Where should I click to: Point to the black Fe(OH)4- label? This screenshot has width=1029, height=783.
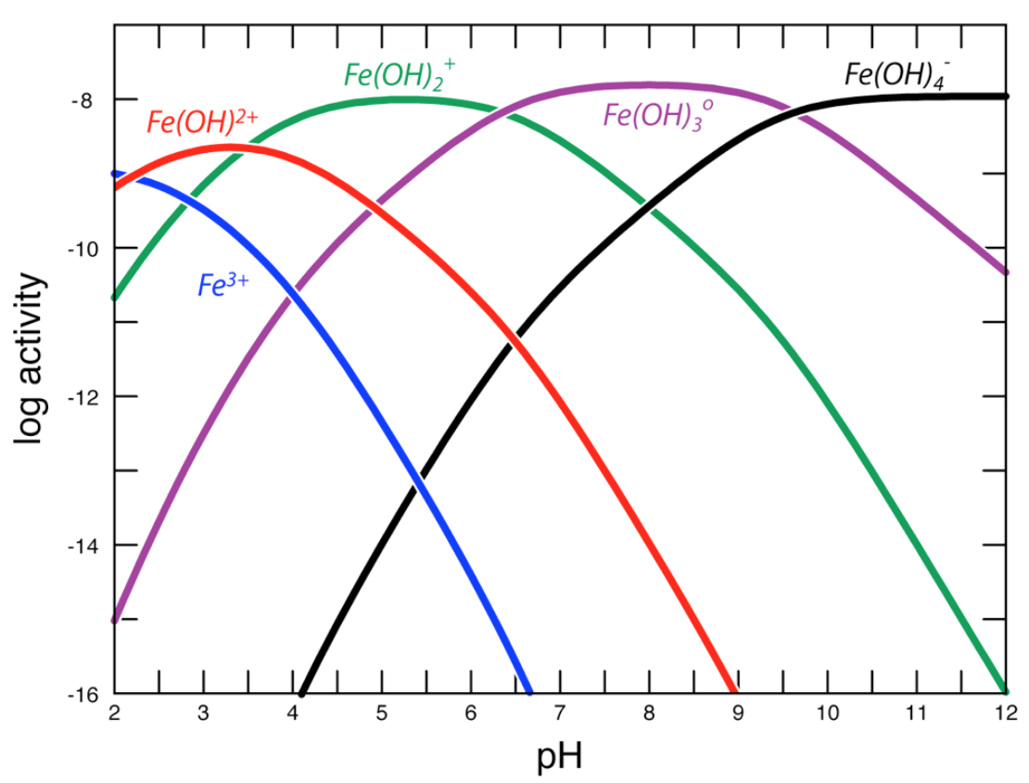(x=898, y=72)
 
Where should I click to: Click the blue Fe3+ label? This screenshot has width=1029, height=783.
(x=223, y=283)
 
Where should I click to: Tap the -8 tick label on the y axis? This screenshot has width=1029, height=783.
(x=82, y=100)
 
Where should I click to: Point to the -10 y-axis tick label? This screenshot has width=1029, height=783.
(x=78, y=249)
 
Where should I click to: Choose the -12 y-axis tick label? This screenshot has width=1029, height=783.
(x=78, y=397)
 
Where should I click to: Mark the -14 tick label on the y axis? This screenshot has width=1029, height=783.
(x=78, y=546)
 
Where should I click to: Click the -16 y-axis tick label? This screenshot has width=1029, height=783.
(x=78, y=694)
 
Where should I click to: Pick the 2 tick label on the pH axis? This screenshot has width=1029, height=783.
(x=114, y=715)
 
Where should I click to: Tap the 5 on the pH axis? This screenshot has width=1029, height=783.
(x=381, y=715)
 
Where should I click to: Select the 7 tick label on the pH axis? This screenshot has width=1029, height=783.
(x=559, y=715)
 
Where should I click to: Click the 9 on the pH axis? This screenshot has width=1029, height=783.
(x=737, y=715)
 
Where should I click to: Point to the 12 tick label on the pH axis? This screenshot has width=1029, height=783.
(x=1003, y=715)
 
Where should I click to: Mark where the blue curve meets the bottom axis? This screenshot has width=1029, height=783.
(x=529, y=691)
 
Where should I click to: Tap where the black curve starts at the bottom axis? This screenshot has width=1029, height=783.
(x=301, y=691)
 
